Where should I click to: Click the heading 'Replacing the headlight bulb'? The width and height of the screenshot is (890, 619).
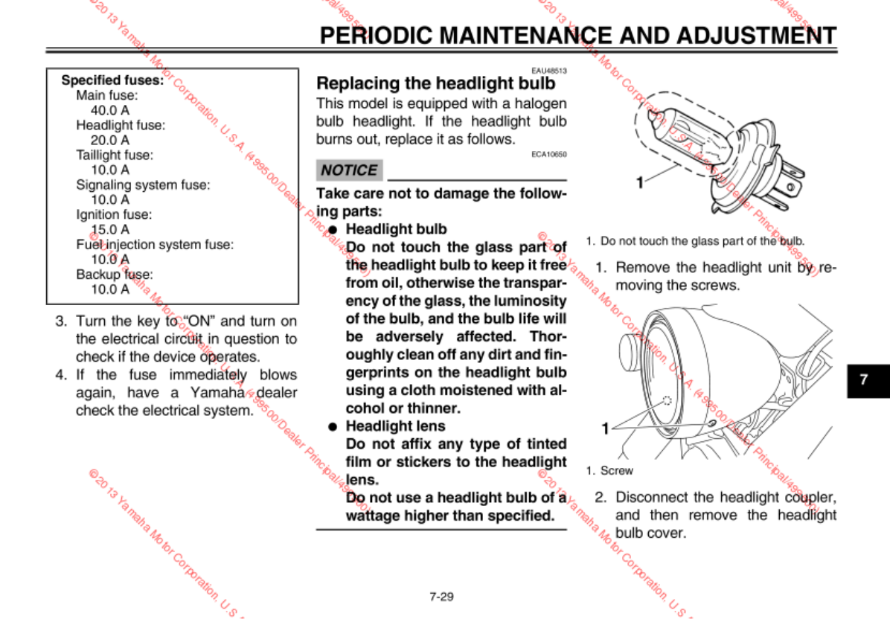click(x=436, y=83)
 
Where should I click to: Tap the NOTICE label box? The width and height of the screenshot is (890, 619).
click(x=349, y=170)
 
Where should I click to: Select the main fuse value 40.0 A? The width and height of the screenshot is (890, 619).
click(x=110, y=110)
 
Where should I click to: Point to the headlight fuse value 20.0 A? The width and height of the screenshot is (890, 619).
click(x=110, y=140)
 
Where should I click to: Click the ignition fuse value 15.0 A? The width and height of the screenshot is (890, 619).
click(x=110, y=229)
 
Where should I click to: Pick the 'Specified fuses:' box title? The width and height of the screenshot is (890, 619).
click(x=112, y=80)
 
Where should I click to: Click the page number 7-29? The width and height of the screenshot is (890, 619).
click(x=441, y=596)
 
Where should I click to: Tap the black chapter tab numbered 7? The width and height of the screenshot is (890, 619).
click(x=863, y=379)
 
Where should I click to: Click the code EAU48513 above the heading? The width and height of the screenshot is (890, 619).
click(x=549, y=71)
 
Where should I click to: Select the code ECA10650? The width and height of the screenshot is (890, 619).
click(x=549, y=154)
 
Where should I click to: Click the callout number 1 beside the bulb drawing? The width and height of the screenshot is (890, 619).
click(x=639, y=182)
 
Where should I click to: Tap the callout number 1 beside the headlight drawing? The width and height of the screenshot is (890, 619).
click(x=606, y=428)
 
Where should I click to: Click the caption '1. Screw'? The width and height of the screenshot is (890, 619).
click(x=609, y=470)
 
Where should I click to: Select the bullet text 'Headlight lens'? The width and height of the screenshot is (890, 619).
click(x=395, y=426)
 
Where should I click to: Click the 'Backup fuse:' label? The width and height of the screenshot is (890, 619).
click(x=114, y=274)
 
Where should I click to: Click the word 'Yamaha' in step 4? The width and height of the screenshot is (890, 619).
click(x=221, y=393)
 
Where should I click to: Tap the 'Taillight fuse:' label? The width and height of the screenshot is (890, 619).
click(x=114, y=155)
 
